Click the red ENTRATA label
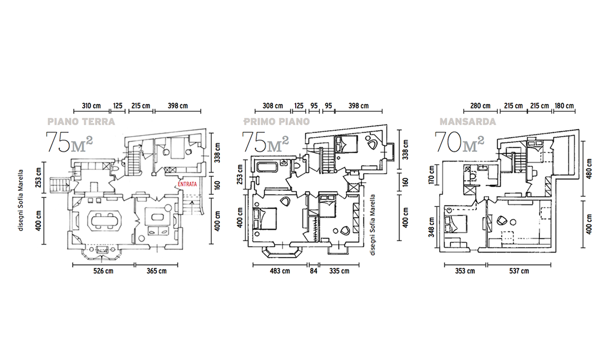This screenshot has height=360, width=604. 187,184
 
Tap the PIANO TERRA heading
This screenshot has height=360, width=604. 81,122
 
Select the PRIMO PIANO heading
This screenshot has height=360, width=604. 277,122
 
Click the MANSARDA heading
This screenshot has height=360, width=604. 468,122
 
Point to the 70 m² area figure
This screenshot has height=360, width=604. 459,142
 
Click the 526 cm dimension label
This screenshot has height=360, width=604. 103,271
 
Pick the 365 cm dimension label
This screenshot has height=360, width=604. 156,271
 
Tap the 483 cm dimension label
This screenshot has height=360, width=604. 280,271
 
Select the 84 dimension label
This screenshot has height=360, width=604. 314,271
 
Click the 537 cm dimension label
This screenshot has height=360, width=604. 519,271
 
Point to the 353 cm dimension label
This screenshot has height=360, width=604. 465,271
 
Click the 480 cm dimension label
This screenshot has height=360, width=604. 589,168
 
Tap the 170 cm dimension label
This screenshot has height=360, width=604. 431,174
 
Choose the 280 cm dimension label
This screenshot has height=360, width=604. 481,106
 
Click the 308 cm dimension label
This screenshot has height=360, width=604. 273,106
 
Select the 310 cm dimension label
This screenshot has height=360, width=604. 91,106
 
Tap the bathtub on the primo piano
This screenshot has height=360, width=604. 267,168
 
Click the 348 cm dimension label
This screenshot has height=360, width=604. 431,227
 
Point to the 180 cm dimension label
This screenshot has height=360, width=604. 564,106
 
